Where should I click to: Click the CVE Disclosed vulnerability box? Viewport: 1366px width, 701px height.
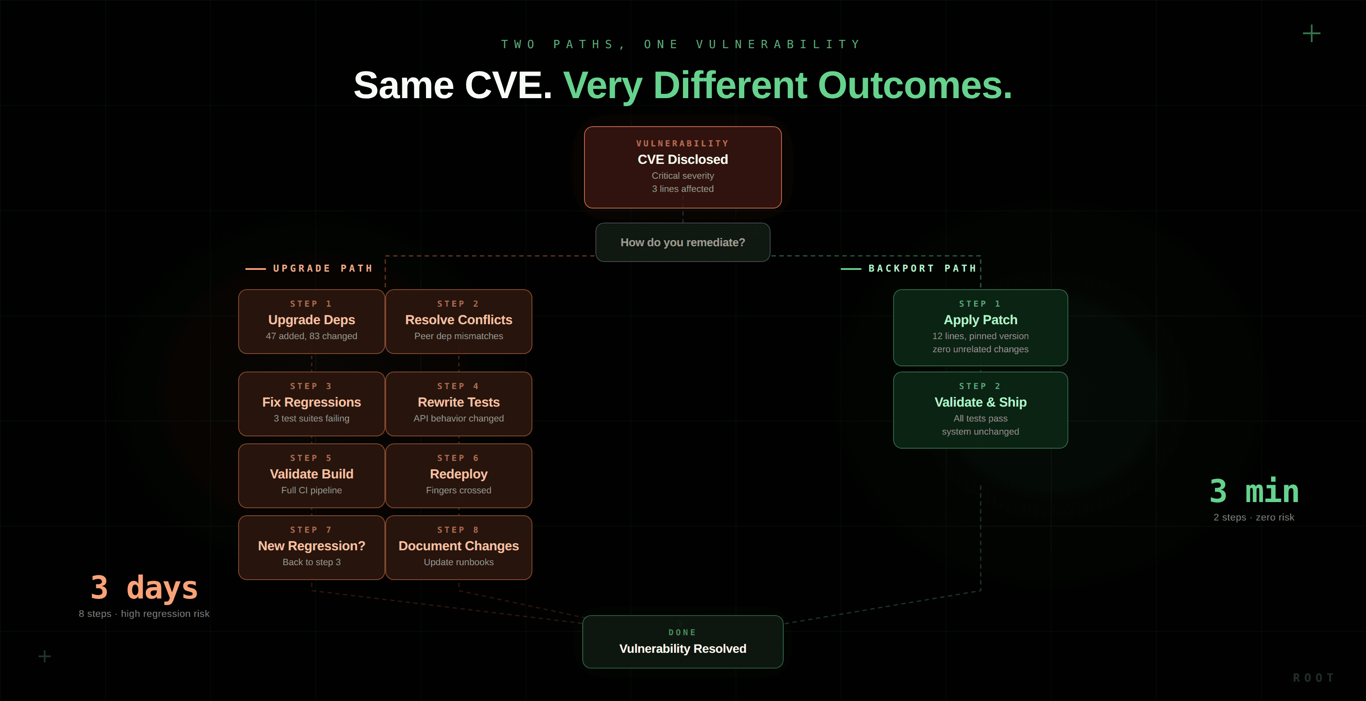click(683, 167)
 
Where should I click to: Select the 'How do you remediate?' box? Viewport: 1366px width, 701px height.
click(683, 243)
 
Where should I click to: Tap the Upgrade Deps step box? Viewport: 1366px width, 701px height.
click(311, 322)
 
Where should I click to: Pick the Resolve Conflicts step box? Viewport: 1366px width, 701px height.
click(459, 322)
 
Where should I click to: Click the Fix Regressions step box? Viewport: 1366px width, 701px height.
click(311, 404)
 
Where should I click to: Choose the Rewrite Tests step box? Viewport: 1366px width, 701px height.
click(459, 404)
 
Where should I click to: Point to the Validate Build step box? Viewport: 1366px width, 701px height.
click(311, 475)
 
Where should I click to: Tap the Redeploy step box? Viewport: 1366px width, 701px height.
click(459, 475)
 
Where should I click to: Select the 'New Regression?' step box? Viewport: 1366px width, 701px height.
click(311, 548)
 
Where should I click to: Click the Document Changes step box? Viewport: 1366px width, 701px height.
click(459, 548)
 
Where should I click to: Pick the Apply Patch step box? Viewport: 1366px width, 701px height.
click(980, 327)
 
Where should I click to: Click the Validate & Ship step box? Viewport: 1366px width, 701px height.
click(980, 410)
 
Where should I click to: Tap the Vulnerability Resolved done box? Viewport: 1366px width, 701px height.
click(683, 641)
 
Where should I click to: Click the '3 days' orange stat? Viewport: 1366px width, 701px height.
click(144, 588)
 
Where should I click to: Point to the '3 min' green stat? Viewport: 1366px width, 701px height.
click(1253, 492)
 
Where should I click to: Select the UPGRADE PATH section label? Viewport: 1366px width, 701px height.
click(322, 269)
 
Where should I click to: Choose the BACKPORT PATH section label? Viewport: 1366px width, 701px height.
click(922, 269)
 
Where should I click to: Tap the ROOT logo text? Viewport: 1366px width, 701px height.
click(1313, 678)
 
